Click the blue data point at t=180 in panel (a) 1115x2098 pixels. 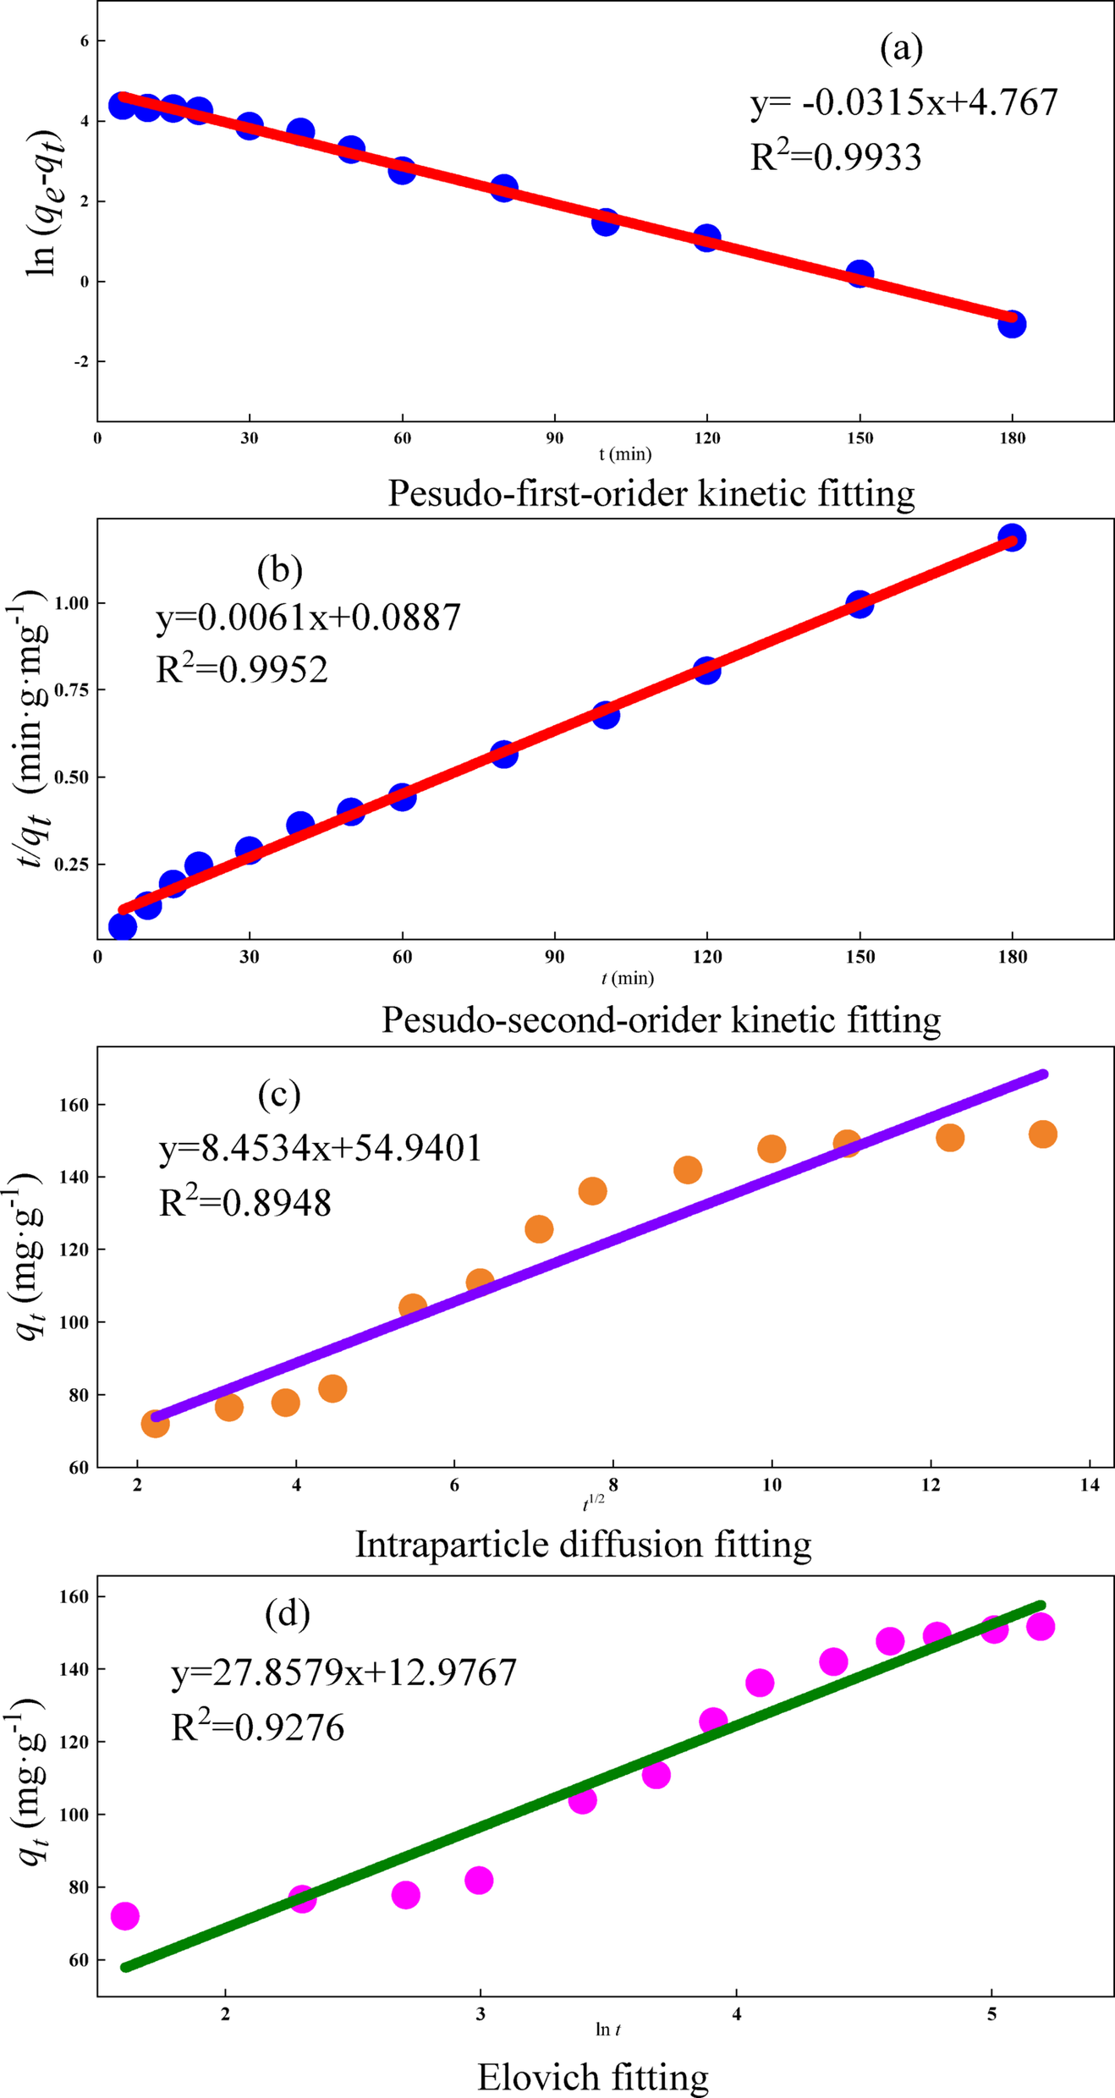pyautogui.click(x=1012, y=324)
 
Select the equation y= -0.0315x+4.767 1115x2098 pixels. pyautogui.click(x=904, y=103)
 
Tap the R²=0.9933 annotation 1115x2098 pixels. pyautogui.click(x=836, y=157)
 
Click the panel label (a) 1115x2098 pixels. pyautogui.click(x=901, y=48)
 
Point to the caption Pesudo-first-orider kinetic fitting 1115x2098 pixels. pyautogui.click(x=651, y=492)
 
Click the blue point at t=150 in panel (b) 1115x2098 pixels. pyautogui.click(x=860, y=604)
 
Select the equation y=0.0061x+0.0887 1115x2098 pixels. pyautogui.click(x=309, y=618)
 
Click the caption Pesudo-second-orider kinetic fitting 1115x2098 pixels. pyautogui.click(x=661, y=1019)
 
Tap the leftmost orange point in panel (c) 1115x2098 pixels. pyautogui.click(x=155, y=1424)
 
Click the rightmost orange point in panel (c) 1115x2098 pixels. pyautogui.click(x=1043, y=1134)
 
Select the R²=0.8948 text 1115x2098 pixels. pyautogui.click(x=245, y=1202)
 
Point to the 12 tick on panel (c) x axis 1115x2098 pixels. pyautogui.click(x=931, y=1486)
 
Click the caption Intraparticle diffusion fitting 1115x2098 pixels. pyautogui.click(x=583, y=1544)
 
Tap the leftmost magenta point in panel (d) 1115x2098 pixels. pyautogui.click(x=125, y=1916)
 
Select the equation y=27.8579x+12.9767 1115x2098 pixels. pyautogui.click(x=343, y=1673)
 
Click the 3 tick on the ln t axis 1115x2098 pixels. pyautogui.click(x=481, y=2015)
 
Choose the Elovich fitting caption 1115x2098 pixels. pyautogui.click(x=592, y=2077)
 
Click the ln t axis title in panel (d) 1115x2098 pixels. pyautogui.click(x=607, y=2029)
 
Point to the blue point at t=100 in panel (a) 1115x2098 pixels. pyautogui.click(x=605, y=222)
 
